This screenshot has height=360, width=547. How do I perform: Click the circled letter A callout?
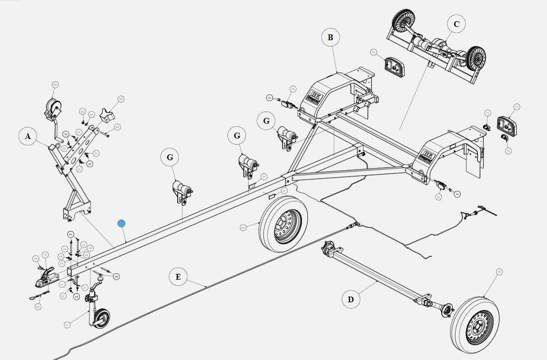pos(28,136)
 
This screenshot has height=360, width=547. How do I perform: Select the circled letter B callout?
pos(330,38)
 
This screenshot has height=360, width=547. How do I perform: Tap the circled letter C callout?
pos(456,24)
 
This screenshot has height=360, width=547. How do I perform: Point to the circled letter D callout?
pos(350,300)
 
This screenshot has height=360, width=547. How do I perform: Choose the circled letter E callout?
pos(178,276)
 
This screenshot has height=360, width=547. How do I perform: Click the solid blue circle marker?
pos(121,224)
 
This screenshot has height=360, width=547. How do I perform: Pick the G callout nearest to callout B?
pos(266,121)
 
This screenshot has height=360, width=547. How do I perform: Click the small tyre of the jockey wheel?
pos(101,318)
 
